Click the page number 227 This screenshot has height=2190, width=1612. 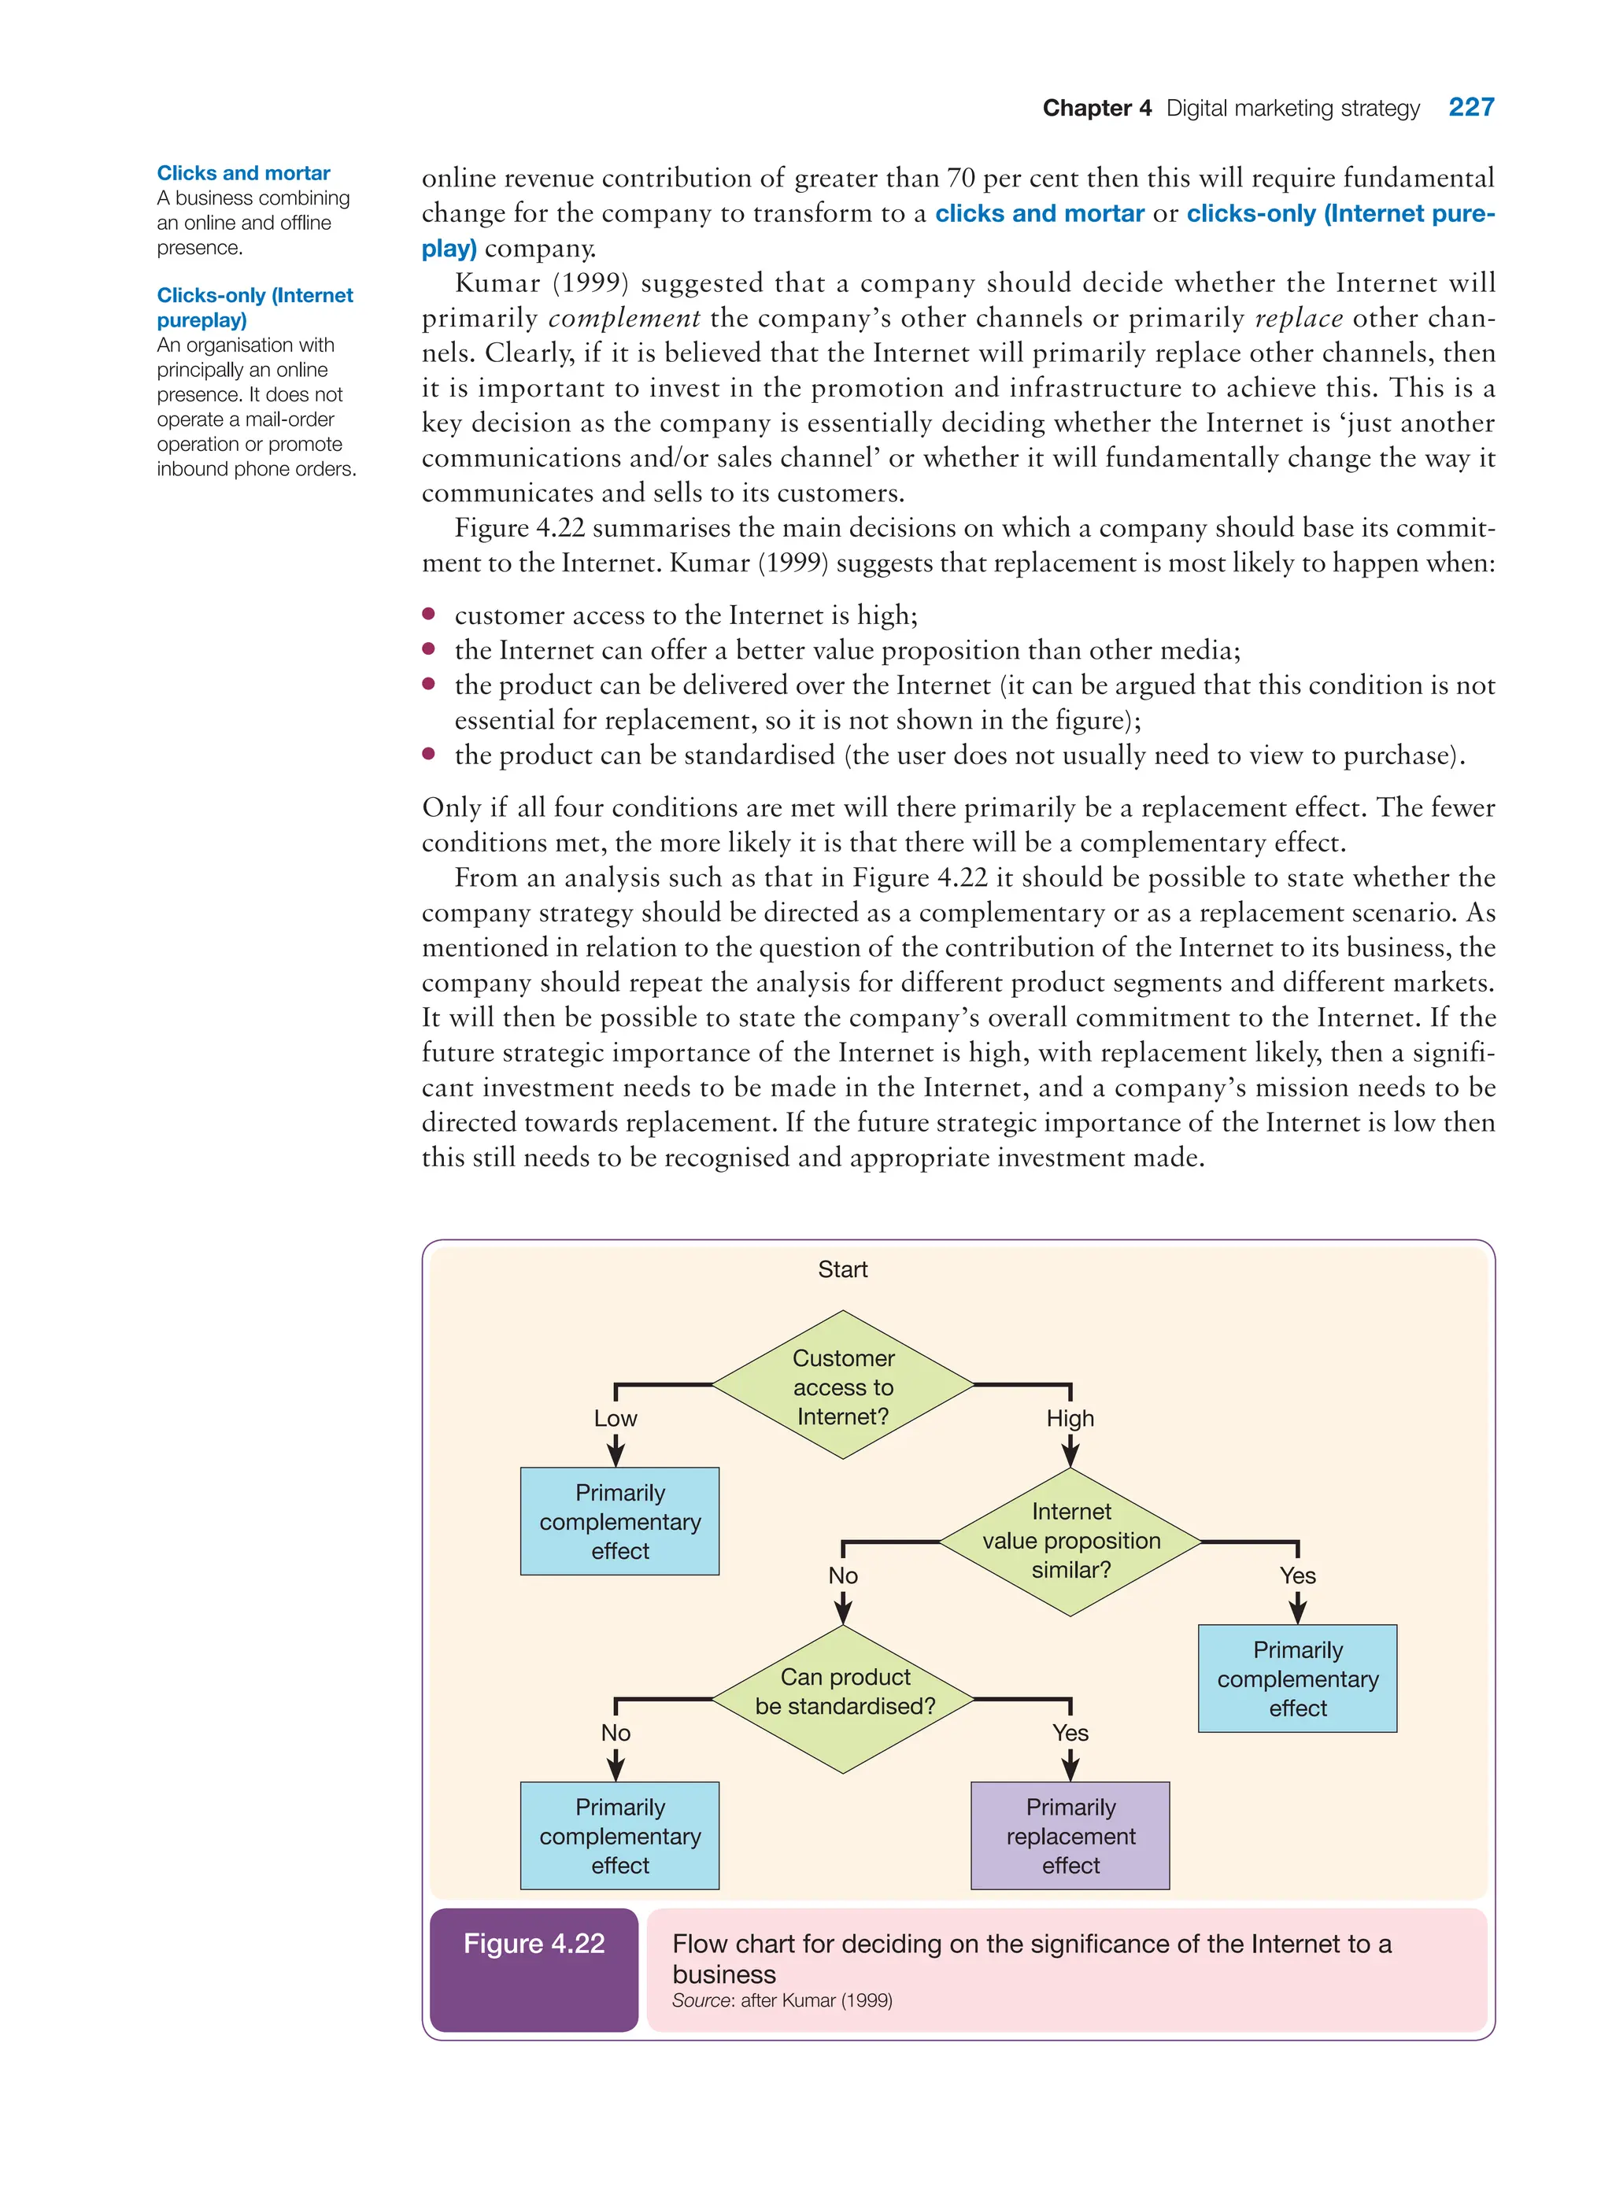1470,107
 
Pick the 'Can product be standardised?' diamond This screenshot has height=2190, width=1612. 843,1699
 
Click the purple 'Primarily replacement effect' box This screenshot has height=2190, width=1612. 1070,1836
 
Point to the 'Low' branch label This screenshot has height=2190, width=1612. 615,1418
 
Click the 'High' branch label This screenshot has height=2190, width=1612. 1070,1418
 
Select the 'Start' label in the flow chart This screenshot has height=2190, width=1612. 842,1269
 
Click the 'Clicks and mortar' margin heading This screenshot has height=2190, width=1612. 243,172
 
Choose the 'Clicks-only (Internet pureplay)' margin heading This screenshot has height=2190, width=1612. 255,307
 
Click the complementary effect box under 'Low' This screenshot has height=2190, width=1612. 619,1522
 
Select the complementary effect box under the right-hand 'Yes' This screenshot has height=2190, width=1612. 1297,1679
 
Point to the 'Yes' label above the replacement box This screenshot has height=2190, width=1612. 1070,1733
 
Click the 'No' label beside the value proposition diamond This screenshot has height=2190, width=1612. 843,1575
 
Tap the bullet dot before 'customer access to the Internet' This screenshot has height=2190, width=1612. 428,614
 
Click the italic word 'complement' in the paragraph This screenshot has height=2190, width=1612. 624,318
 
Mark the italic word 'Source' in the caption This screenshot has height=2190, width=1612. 701,2000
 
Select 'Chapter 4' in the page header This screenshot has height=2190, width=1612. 1096,109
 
